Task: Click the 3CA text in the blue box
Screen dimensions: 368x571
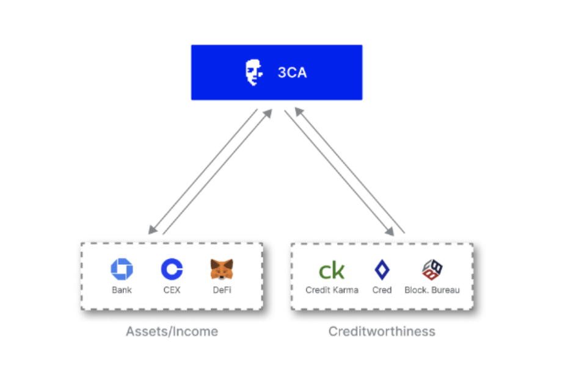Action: (x=292, y=73)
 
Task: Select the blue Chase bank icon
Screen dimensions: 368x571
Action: (x=122, y=269)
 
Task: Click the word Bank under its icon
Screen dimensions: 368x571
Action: (x=122, y=290)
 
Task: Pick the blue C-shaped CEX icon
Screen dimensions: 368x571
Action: (x=172, y=269)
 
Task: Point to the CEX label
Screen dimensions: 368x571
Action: (x=172, y=290)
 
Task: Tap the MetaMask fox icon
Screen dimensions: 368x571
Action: (x=222, y=269)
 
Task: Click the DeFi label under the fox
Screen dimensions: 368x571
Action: (x=222, y=290)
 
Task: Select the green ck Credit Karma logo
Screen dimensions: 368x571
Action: (x=332, y=270)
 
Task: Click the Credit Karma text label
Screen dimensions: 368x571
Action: (x=332, y=290)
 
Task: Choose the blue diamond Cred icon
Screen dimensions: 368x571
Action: (x=382, y=270)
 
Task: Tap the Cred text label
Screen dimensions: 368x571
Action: (x=382, y=290)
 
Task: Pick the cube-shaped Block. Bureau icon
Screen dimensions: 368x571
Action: (x=432, y=269)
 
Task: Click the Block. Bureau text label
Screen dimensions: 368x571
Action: (x=432, y=290)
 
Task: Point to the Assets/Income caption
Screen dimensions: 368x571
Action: (x=172, y=331)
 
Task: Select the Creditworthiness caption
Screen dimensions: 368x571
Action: (x=382, y=331)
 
